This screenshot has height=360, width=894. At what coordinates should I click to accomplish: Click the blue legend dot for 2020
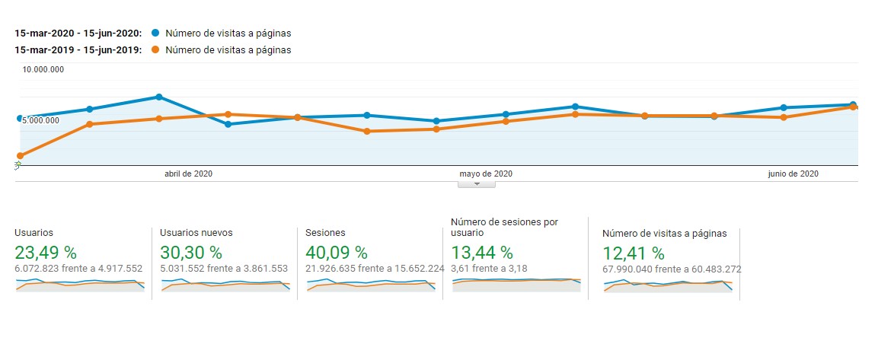click(155, 33)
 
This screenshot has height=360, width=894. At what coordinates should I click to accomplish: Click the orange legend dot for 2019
click(155, 50)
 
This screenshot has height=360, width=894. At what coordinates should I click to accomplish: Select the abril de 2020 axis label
click(188, 174)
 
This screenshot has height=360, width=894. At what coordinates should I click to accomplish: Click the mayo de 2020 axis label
click(487, 174)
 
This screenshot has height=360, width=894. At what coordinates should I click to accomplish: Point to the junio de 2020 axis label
click(793, 174)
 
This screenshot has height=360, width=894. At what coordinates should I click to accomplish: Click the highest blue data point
click(159, 97)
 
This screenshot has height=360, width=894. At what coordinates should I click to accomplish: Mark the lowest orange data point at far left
click(20, 156)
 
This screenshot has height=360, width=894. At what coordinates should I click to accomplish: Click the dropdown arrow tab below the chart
click(477, 183)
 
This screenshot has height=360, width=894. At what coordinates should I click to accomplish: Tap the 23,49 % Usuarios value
click(46, 252)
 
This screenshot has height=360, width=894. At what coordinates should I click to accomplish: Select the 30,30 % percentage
click(191, 252)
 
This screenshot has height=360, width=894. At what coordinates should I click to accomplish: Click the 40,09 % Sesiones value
click(336, 252)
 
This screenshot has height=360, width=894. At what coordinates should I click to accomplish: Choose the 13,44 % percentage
click(482, 252)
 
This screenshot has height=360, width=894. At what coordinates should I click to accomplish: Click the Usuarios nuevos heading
click(196, 233)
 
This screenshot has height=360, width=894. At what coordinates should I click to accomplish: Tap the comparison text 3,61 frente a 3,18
click(489, 268)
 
